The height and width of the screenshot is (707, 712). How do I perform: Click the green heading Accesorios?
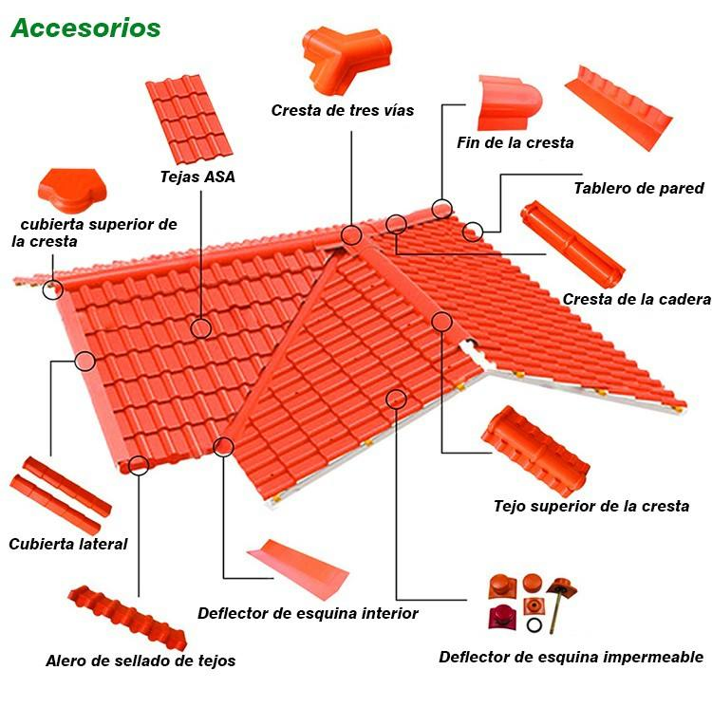point(85,28)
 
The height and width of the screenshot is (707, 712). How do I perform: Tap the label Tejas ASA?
point(197,177)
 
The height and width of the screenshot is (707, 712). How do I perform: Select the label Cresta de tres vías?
point(342,111)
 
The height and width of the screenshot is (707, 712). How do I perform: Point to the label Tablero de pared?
point(638,188)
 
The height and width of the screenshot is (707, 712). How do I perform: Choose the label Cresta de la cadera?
point(636,299)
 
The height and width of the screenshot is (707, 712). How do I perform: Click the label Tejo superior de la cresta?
point(590,506)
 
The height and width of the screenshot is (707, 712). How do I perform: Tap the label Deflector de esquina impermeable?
point(571,657)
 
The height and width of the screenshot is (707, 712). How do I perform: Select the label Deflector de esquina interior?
point(308,613)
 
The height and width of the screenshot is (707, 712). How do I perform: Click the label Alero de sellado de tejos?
point(141,660)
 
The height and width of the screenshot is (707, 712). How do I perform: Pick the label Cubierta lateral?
point(67,544)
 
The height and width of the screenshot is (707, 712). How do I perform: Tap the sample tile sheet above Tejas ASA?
point(188,120)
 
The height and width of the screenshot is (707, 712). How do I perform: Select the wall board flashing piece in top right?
point(618,106)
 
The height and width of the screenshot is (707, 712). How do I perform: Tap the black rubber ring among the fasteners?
point(535,626)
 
